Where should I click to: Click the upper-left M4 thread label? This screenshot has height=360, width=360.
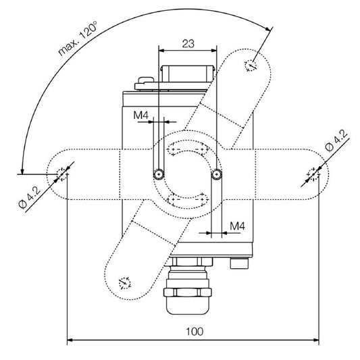(140, 115)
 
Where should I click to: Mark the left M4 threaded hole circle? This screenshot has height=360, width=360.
(157, 174)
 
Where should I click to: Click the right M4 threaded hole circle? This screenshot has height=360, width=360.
(216, 174)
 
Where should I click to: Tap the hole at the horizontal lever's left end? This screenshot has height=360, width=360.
(63, 173)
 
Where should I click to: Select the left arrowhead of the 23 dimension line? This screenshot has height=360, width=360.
(161, 50)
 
